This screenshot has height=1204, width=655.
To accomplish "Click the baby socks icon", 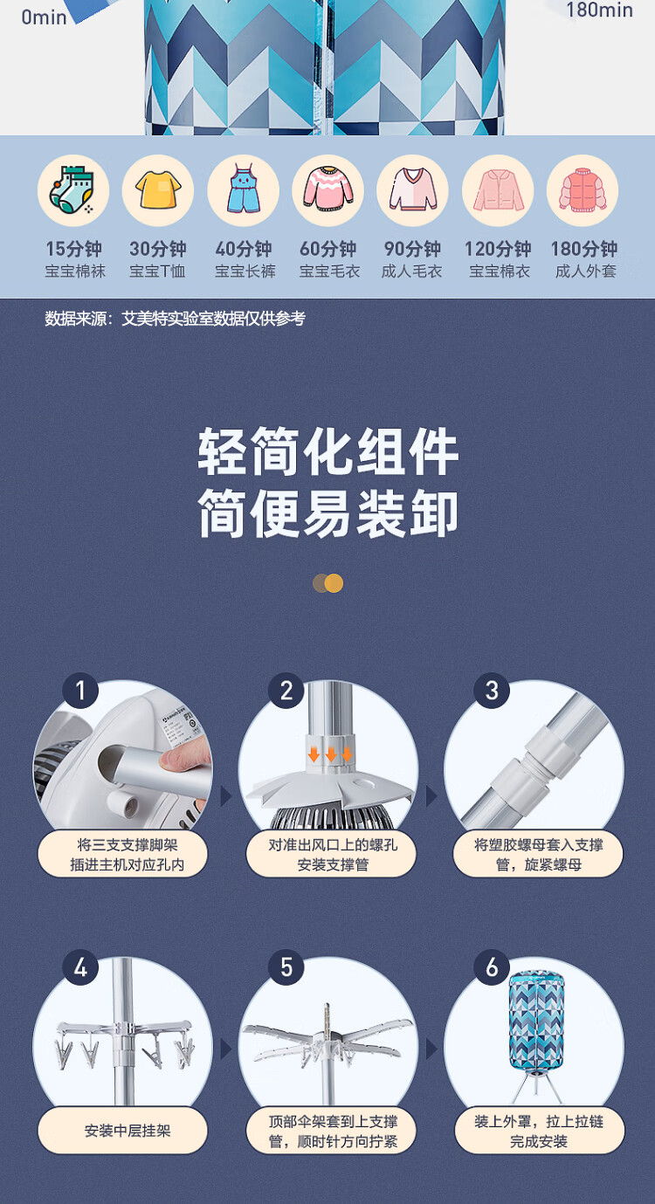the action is click(72, 189).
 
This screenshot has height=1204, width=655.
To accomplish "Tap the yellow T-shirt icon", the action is click(158, 189).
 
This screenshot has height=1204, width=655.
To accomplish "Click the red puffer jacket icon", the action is click(583, 189).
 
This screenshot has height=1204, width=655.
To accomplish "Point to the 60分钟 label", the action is click(328, 249).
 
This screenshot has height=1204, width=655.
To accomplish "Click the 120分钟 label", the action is click(498, 249).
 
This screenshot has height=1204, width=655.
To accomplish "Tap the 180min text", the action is click(599, 10).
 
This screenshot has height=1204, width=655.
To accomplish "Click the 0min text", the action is click(44, 17).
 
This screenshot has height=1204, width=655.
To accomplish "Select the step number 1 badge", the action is click(80, 691).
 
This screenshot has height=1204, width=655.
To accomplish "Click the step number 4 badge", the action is click(80, 968).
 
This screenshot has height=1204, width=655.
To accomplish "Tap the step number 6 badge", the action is click(492, 968).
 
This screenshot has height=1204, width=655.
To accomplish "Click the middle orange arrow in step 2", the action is click(331, 754).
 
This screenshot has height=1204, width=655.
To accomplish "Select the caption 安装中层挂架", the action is click(128, 1131).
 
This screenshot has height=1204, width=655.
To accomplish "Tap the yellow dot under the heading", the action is click(334, 583).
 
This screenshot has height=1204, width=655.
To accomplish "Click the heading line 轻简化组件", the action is click(328, 451).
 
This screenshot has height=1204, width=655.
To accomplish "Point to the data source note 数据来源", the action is click(175, 319).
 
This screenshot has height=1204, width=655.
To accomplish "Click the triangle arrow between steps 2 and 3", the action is click(431, 796).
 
